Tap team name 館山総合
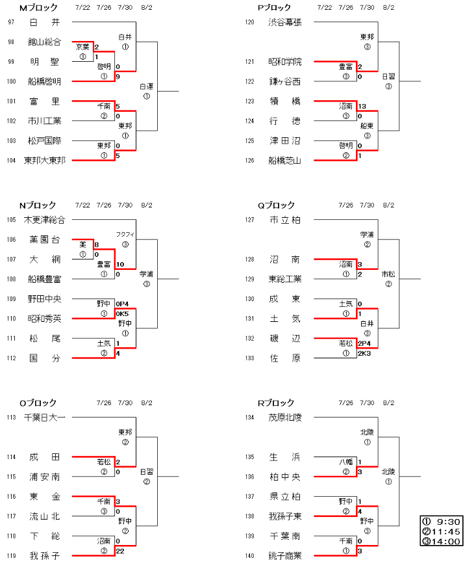pos(45,42)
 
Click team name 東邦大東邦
pos(45,160)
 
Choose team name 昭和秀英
pos(45,319)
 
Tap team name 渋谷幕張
pos(285,22)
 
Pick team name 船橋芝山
pos(285,160)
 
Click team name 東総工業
pos(285,279)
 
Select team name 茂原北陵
pos(285,418)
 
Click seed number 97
pos(11,22)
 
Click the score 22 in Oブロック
pos(120,551)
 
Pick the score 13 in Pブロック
pos(362,106)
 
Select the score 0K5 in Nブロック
pos(122,314)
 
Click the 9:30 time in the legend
pos(450,521)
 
